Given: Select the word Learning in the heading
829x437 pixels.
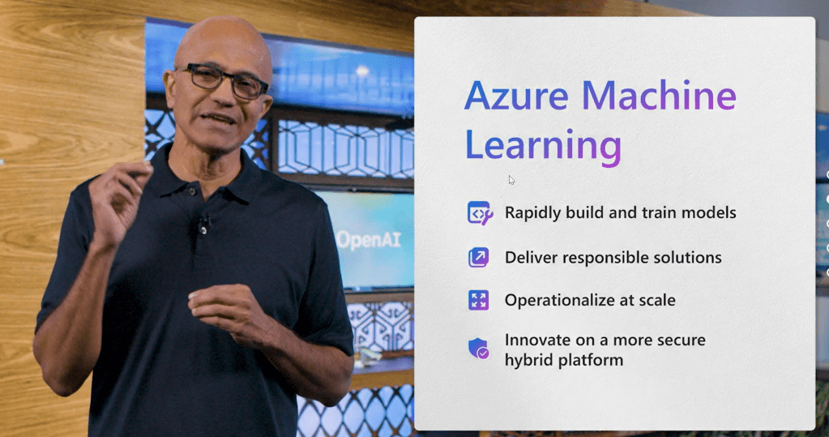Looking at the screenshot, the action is click(x=543, y=144).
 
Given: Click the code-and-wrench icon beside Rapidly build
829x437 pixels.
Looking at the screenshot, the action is click(x=480, y=213).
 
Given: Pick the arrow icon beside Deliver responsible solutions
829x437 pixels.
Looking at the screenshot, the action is click(x=478, y=258).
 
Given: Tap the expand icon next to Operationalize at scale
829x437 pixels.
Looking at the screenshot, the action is click(x=478, y=300).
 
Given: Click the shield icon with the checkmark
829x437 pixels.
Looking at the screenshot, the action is click(x=479, y=349).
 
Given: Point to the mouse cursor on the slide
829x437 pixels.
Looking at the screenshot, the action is click(x=512, y=181).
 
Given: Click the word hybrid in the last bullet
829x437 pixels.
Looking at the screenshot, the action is click(x=526, y=360).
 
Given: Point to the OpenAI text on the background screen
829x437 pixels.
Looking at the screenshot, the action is click(x=369, y=240).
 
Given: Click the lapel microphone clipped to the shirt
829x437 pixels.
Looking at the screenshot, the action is click(x=203, y=224).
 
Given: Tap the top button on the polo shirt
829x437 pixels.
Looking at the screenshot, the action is click(x=192, y=191).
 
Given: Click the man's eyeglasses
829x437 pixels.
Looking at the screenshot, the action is click(x=222, y=81).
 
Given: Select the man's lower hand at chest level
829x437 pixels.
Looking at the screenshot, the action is click(x=230, y=312).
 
